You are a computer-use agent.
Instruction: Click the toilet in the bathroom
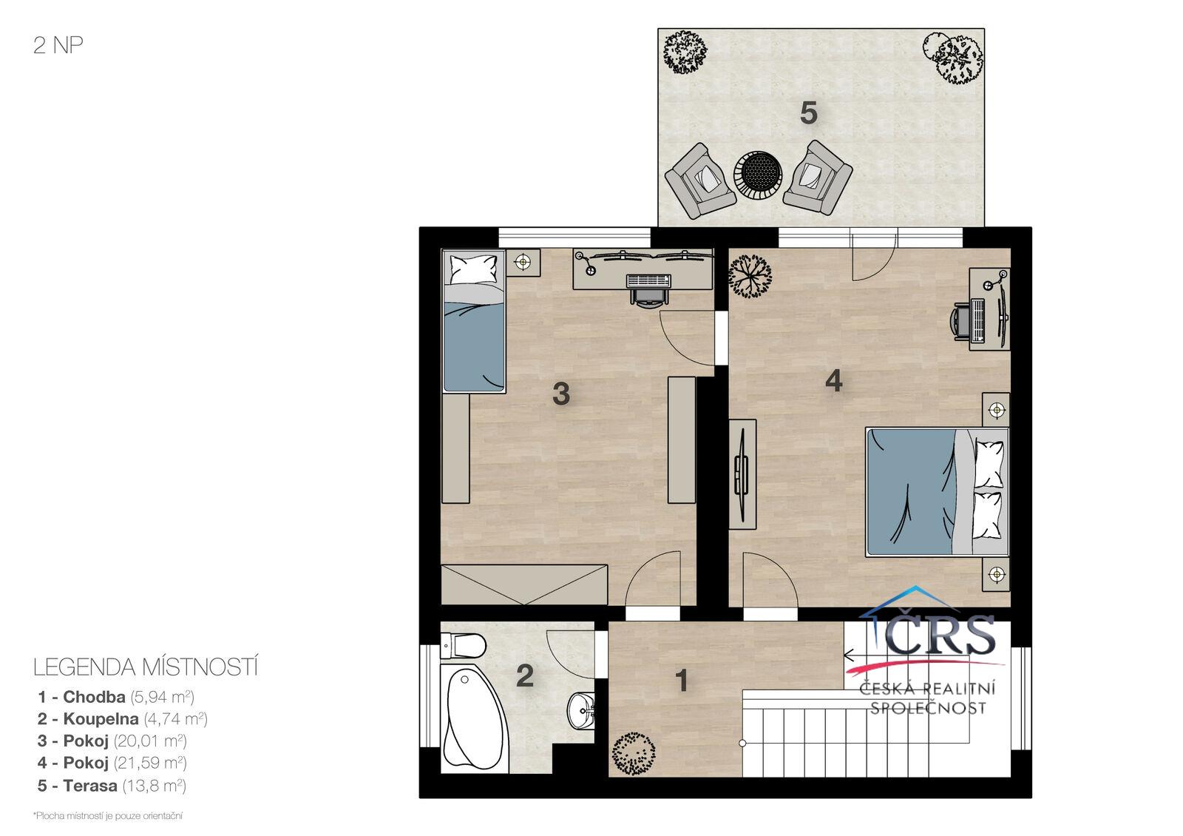(463, 646)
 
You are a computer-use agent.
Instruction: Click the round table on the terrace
(758, 175)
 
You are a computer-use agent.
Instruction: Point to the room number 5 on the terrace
(809, 113)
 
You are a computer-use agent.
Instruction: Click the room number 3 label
(561, 394)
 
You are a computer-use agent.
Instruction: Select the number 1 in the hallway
(682, 680)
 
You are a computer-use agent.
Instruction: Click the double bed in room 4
(937, 492)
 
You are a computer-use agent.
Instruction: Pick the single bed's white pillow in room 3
(473, 269)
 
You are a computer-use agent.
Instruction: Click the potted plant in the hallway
(633, 754)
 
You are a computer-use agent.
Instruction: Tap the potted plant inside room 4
(750, 277)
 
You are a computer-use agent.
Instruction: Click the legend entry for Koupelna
(123, 718)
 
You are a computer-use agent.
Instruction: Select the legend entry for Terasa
(112, 786)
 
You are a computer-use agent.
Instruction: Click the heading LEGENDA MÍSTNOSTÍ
(146, 667)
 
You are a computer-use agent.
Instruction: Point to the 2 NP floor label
(58, 45)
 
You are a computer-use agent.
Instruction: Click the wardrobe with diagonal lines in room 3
(524, 584)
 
